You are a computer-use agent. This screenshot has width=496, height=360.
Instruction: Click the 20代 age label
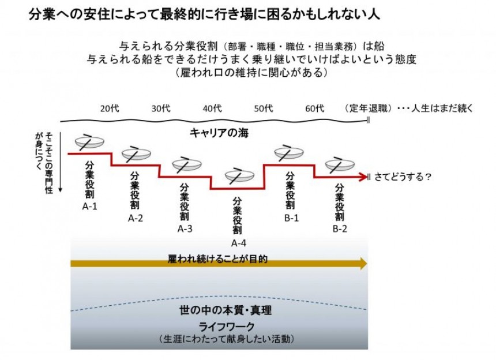click(110, 108)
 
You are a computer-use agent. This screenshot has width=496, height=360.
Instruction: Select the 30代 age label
click(161, 108)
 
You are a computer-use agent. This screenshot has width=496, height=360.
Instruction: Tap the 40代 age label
click(212, 108)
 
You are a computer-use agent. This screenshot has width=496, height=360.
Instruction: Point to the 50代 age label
click(263, 108)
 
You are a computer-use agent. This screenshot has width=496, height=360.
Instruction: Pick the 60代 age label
click(314, 108)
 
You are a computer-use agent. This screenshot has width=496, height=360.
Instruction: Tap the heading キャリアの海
click(219, 133)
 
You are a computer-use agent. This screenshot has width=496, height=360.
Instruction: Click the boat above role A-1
click(89, 142)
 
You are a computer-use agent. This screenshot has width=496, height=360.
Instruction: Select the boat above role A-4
click(239, 176)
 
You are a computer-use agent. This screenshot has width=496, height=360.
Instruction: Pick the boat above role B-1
click(289, 153)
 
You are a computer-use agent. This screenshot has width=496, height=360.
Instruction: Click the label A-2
click(136, 218)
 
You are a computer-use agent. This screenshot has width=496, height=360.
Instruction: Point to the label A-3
click(185, 228)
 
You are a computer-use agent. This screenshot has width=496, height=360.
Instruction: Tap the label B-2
click(340, 228)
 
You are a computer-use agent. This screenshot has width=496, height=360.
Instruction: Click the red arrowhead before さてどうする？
click(363, 177)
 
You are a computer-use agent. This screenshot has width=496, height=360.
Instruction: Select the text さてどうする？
click(403, 177)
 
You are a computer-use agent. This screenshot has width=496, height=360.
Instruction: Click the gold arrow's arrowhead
click(363, 264)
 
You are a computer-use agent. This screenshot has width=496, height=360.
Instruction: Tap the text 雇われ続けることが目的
click(217, 259)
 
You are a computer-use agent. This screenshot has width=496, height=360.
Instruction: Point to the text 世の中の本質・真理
click(226, 310)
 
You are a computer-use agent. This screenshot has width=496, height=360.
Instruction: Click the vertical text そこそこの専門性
click(48, 163)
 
